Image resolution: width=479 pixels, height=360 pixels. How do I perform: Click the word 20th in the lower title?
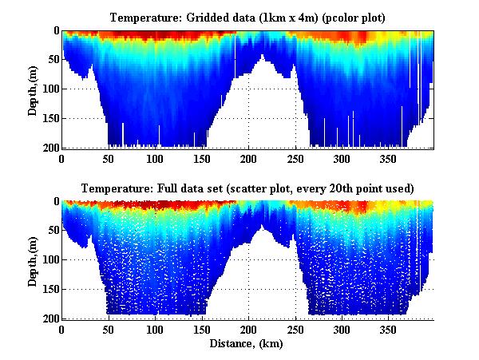point(355,188)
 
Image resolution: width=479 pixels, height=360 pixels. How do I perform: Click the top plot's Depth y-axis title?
point(33,89)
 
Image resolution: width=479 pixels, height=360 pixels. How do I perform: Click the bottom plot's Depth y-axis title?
point(33,260)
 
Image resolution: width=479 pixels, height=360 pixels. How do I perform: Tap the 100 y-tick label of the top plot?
point(48,89)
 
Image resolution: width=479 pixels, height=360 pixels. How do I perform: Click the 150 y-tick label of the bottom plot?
point(48,289)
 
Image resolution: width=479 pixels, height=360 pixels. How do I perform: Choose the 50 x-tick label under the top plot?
point(109,158)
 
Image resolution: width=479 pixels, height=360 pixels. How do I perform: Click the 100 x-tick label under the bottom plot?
point(155,329)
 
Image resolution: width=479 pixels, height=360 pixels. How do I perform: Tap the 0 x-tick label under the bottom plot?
point(62,329)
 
